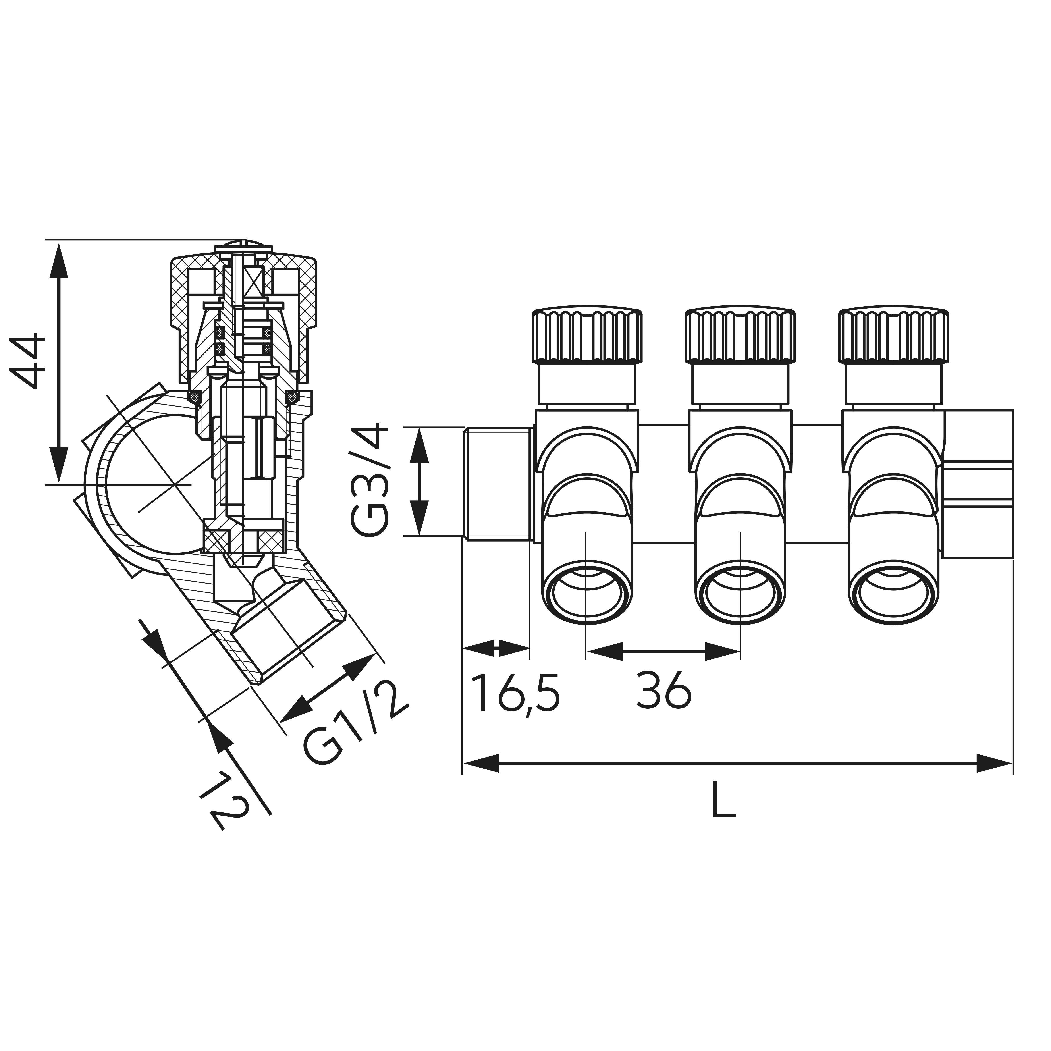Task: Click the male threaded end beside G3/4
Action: click(x=497, y=484)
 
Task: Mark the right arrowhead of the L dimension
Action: click(x=994, y=763)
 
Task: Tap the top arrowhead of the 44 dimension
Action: click(x=59, y=261)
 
